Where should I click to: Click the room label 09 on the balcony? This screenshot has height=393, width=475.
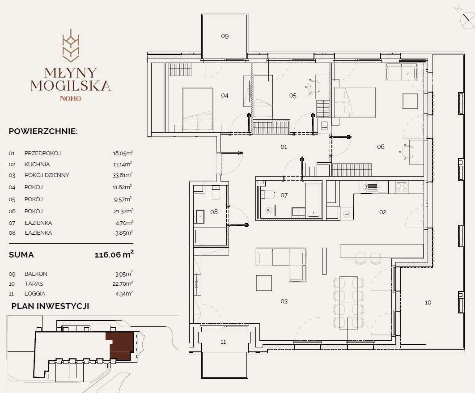pos(225,36)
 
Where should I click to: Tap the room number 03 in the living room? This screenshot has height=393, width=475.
pos(284,301)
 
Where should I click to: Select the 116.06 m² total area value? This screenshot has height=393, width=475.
pos(114,254)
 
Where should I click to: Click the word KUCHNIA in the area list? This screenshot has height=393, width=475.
pos(37,165)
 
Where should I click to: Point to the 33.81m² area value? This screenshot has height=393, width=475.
pos(123,175)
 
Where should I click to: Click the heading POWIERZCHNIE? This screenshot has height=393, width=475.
pos(43,131)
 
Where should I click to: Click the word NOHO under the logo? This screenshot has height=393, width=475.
pos(71,98)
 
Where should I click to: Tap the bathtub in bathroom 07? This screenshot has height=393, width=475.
pos(313,200)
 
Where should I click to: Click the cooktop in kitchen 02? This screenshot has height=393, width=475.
pos(402,187)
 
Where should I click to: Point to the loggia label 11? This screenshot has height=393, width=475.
pos(223,342)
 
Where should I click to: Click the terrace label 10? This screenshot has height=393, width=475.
pos(428,303)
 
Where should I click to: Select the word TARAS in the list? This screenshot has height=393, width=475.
pos(34,284)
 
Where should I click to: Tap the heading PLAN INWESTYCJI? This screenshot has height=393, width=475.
pos(50,306)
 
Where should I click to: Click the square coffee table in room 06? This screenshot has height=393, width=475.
pos(410,101)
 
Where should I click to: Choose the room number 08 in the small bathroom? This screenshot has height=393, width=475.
pos(214,212)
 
